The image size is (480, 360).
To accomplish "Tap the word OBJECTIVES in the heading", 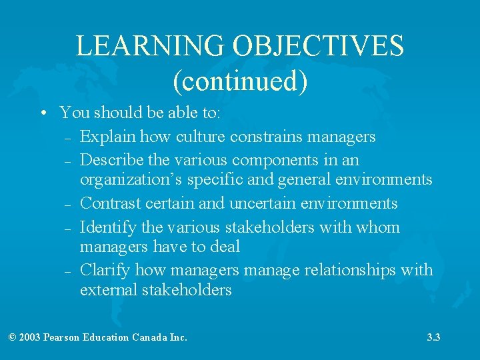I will click(318, 46).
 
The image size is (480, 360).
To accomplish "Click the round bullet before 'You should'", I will click(42, 113).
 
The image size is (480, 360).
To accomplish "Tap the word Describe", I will click(111, 161).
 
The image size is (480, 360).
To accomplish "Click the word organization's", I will click(129, 180).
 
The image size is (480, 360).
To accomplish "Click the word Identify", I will click(109, 227).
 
